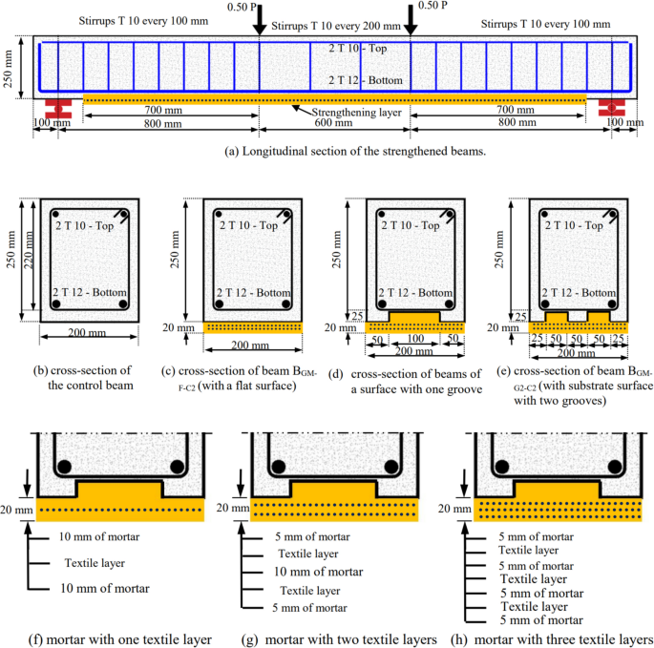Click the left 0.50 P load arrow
click(260, 22)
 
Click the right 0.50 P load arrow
click(411, 22)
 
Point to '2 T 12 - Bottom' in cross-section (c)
click(253, 291)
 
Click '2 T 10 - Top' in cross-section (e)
click(577, 225)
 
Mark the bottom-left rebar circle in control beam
click(57, 305)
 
